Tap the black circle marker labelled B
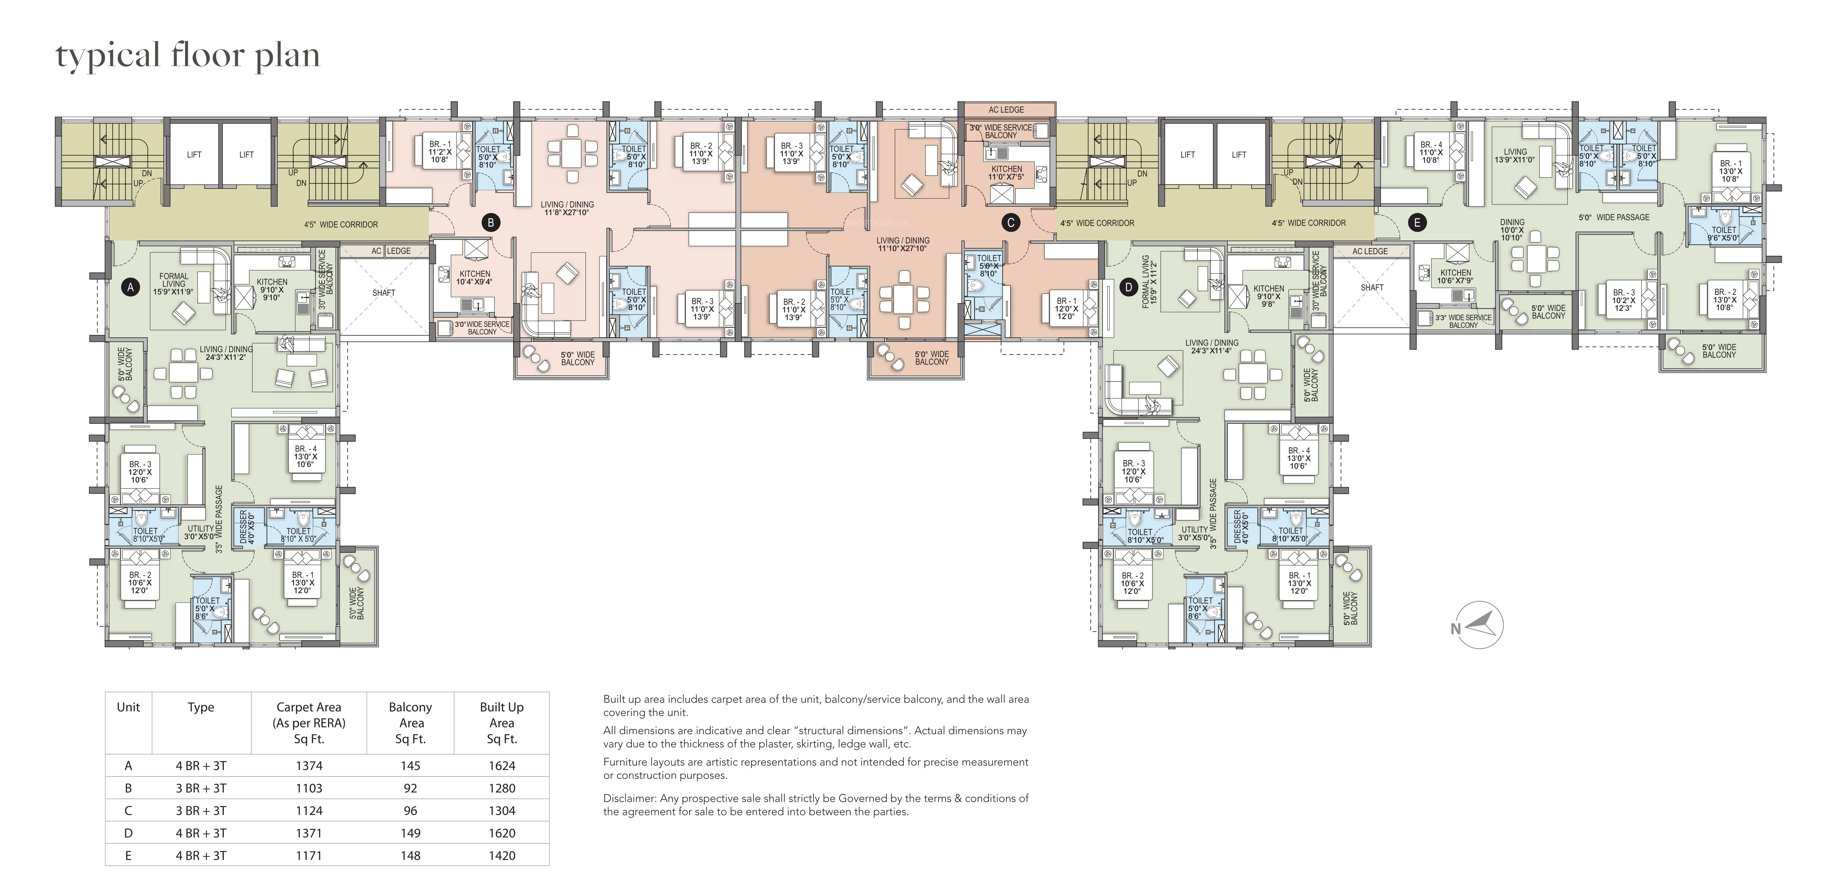click(490, 222)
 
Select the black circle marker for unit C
click(1010, 222)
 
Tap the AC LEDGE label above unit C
click(1006, 110)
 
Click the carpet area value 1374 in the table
click(309, 766)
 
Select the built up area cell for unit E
click(502, 855)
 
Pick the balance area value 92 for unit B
click(411, 788)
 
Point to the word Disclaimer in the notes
click(630, 798)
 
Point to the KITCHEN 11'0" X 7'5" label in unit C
click(1007, 173)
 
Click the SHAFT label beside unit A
click(384, 293)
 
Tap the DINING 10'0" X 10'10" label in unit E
click(1512, 229)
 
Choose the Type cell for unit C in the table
click(201, 811)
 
